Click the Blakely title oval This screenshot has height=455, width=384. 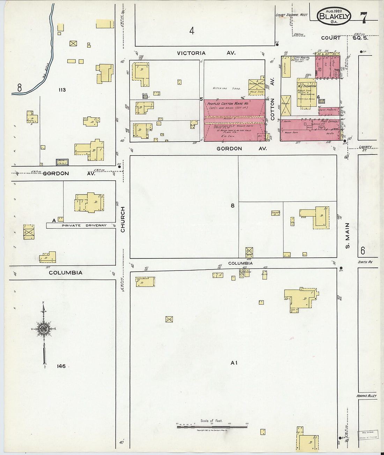334,16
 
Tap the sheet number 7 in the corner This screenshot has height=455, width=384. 363,17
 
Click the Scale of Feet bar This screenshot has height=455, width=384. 212,426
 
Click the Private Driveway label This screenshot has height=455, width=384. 84,226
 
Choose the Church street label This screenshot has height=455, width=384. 123,219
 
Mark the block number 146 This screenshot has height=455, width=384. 61,366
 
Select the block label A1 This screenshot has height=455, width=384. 234,363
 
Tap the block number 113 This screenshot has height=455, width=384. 62,90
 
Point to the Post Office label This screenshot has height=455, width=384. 330,121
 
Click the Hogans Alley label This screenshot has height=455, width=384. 367,396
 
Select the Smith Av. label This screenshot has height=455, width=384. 365,262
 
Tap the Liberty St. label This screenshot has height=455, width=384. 365,148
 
